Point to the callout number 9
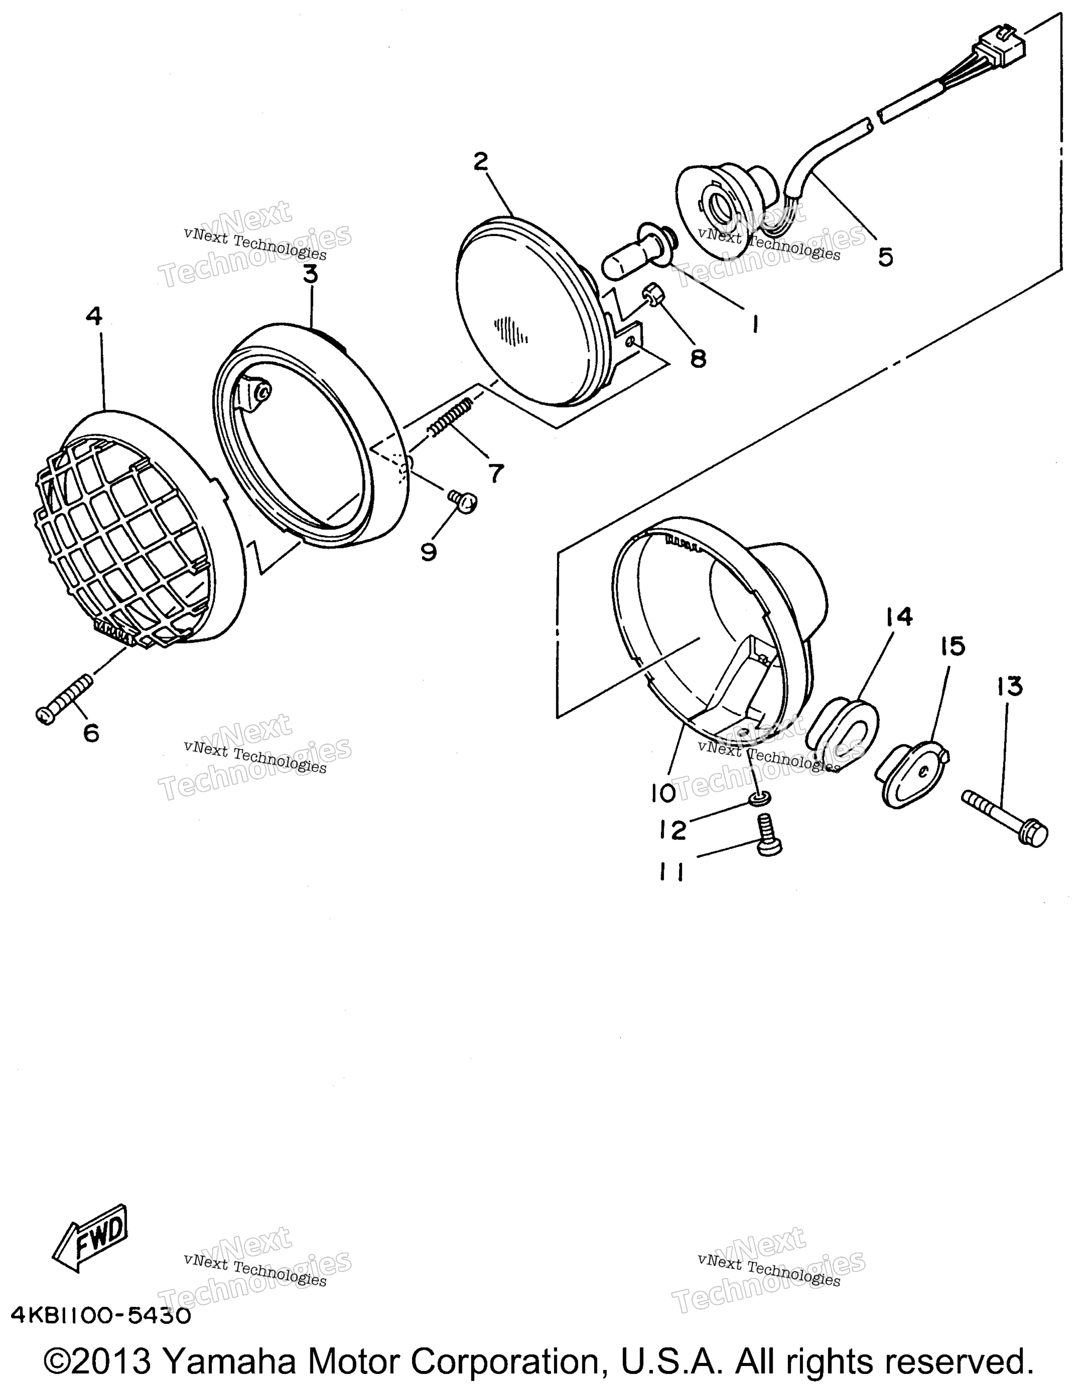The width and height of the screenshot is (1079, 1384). click(429, 552)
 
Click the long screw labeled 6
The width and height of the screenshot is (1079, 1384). click(65, 699)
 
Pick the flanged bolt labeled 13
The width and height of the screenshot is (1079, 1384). click(1004, 817)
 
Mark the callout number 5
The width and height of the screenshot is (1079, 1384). click(885, 257)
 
